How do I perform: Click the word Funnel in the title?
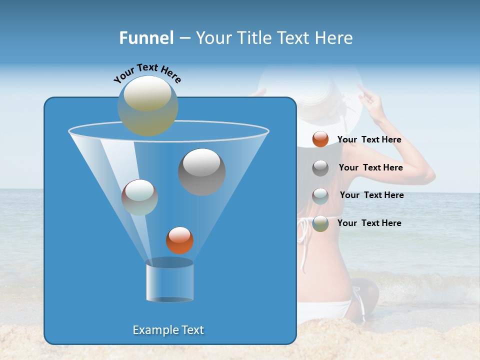pos(146,38)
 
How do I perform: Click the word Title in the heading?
pos(254,38)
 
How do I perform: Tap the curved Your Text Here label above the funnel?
pos(147,73)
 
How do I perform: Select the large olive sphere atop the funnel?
pos(147,106)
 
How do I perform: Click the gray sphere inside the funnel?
pos(201,172)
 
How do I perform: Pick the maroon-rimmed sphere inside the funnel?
pos(139,197)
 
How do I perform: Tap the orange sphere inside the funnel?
pos(179,240)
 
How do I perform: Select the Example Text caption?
pos(168,330)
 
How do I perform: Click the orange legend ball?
pos(320,139)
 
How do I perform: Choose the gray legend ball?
pos(320,168)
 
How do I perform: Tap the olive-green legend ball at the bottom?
pos(320,223)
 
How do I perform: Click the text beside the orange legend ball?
pos(369,139)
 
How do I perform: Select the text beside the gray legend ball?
pos(370,167)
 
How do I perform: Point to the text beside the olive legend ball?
pos(369,223)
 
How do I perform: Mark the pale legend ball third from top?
pos(320,196)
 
